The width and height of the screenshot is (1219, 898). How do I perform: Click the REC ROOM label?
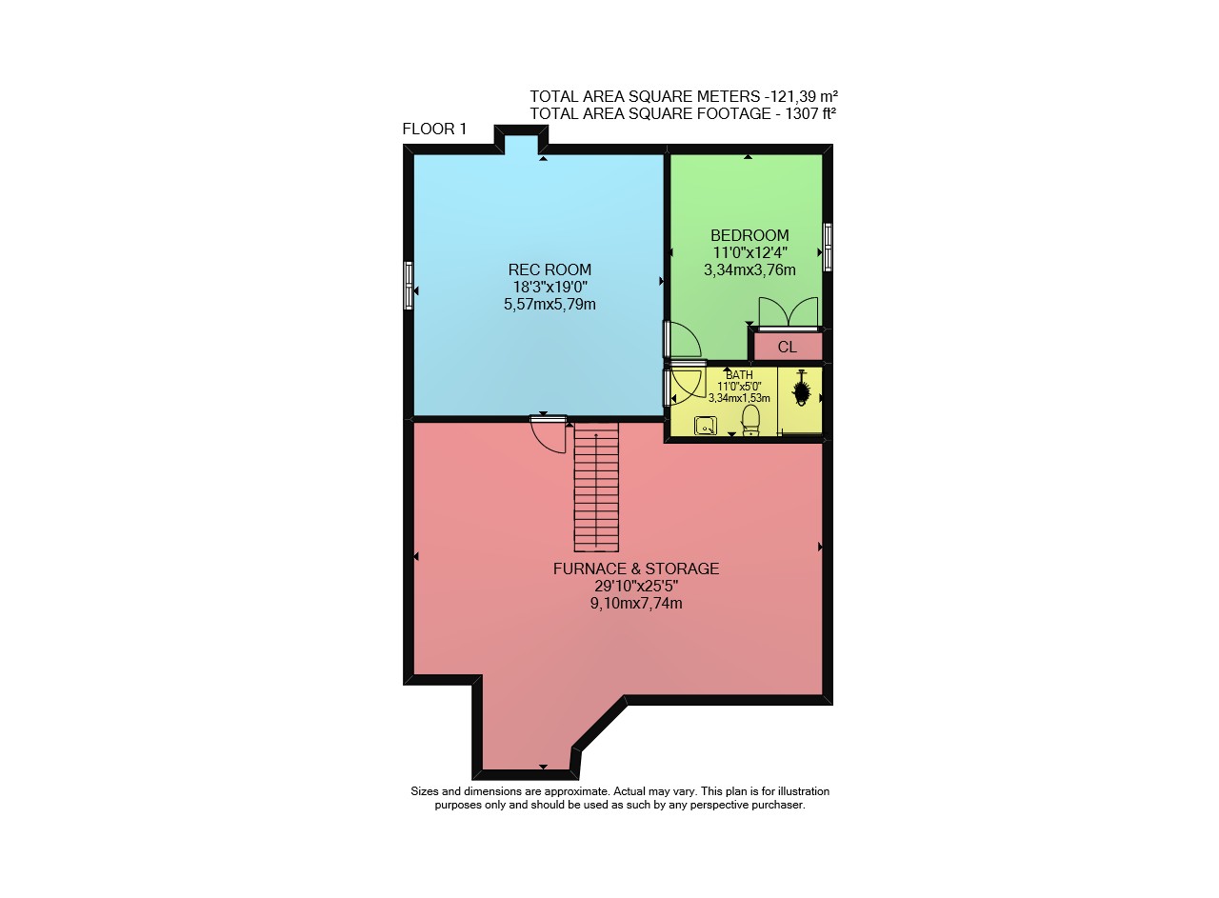[550, 269]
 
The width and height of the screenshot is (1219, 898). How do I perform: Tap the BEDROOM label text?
[749, 235]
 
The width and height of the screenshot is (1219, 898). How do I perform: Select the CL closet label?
[787, 348]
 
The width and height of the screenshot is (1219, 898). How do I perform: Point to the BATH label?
[739, 375]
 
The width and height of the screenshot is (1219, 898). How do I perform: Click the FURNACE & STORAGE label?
[635, 569]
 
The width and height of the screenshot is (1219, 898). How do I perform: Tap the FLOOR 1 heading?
[434, 129]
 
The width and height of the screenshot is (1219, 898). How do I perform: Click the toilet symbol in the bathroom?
[750, 420]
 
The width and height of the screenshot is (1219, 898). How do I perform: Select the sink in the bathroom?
[706, 426]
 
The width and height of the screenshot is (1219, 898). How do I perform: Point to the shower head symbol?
[801, 389]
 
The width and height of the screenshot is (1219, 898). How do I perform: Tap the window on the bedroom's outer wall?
[828, 247]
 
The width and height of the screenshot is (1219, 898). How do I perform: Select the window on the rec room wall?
[409, 286]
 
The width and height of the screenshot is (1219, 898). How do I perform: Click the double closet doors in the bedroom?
[789, 313]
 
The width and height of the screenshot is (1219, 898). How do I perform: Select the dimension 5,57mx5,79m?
[550, 304]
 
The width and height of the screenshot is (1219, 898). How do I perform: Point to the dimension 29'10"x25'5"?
[635, 587]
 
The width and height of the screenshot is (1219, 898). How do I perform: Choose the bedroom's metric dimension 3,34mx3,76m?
[749, 269]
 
